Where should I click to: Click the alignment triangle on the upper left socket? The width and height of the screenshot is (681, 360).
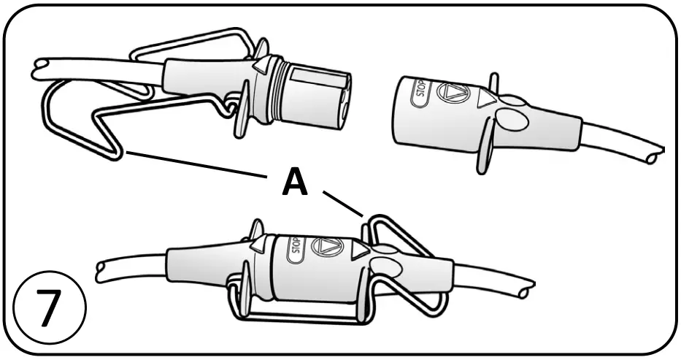click(x=258, y=68)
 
